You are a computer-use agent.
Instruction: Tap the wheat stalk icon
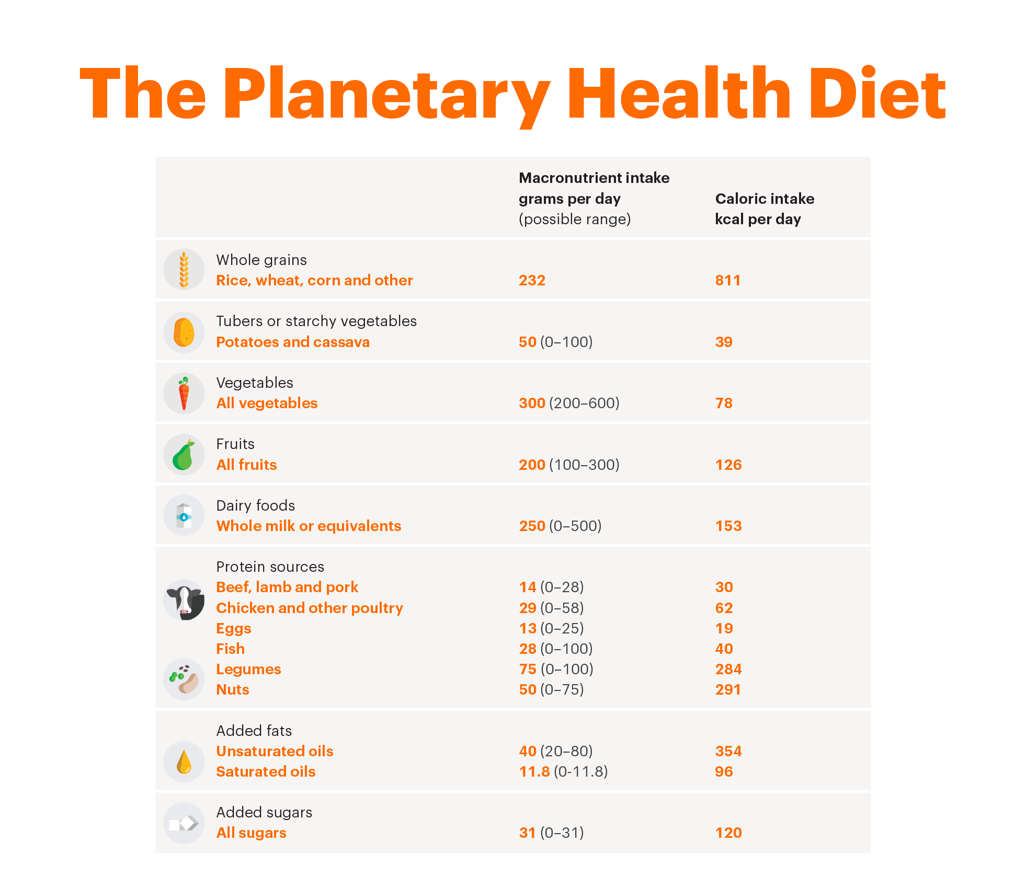point(184,270)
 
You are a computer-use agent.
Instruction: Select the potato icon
point(184,332)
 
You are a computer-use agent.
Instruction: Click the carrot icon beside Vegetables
point(184,394)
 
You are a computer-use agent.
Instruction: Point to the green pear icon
point(184,455)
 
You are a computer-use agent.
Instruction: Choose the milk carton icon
point(184,516)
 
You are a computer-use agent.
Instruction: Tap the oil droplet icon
point(184,762)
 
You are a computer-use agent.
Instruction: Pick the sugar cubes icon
point(184,823)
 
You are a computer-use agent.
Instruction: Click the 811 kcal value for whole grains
point(727,281)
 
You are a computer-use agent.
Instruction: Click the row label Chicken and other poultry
point(310,608)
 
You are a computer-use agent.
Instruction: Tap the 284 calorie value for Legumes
point(728,669)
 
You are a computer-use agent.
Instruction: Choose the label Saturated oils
point(266,771)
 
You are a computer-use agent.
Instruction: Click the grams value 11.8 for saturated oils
point(534,771)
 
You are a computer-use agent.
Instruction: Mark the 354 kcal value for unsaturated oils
point(728,751)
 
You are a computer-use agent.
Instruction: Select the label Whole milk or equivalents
point(309,526)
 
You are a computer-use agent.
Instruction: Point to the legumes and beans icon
point(184,679)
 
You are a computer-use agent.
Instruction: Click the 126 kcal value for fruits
point(728,465)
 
